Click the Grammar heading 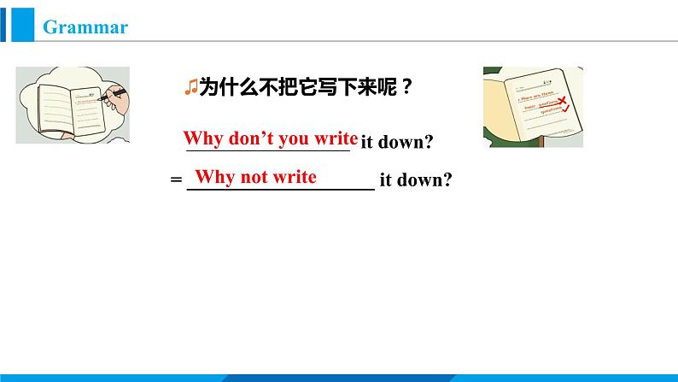[85, 27]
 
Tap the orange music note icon [190, 86]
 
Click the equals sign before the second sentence [176, 179]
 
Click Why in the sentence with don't [203, 138]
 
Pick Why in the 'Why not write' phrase [214, 177]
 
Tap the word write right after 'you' [336, 138]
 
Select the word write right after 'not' [295, 177]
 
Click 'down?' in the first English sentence [406, 142]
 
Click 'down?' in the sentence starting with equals [424, 179]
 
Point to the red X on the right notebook [562, 101]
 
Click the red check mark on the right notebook [565, 109]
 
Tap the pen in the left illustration [112, 95]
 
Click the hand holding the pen [117, 100]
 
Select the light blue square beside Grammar [22, 25]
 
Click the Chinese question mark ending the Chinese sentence [406, 87]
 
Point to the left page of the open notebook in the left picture [56, 109]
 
